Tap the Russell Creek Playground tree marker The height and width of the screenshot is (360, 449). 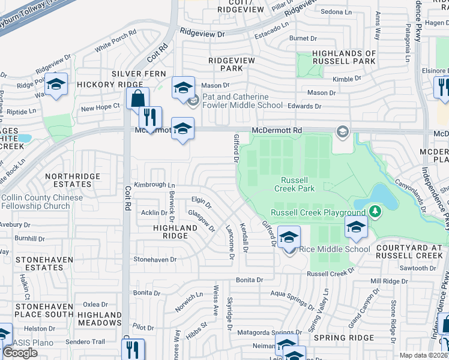pyautogui.click(x=375, y=212)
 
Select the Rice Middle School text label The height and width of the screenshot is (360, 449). pyautogui.click(x=334, y=250)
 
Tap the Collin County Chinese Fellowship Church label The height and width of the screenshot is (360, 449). pyautogui.click(x=36, y=202)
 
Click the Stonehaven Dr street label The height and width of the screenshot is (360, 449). pyautogui.click(x=155, y=260)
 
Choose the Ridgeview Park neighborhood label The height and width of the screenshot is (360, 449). pyautogui.click(x=232, y=64)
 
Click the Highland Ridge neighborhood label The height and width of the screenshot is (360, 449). pyautogui.click(x=175, y=232)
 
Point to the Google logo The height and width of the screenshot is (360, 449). pyautogui.click(x=20, y=353)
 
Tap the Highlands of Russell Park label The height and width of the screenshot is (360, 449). pyautogui.click(x=345, y=57)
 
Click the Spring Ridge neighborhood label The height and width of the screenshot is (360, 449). pyautogui.click(x=352, y=338)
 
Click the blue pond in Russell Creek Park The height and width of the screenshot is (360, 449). pyautogui.click(x=381, y=195)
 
